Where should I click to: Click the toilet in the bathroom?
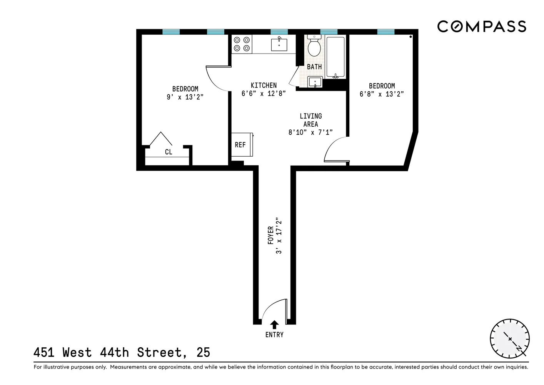pyautogui.click(x=314, y=47)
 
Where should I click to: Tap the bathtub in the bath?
pyautogui.click(x=335, y=57)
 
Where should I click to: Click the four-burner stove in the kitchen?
pyautogui.click(x=242, y=44)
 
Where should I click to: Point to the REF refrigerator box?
pyautogui.click(x=242, y=145)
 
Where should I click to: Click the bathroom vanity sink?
pyautogui.click(x=315, y=82)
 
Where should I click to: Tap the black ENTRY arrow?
pyautogui.click(x=274, y=325)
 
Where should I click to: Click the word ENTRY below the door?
pyautogui.click(x=274, y=335)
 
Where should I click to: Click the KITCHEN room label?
pyautogui.click(x=264, y=85)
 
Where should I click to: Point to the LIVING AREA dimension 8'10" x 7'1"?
pyautogui.click(x=310, y=132)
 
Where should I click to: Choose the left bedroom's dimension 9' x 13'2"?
pyautogui.click(x=185, y=97)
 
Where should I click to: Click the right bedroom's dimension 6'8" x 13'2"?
pyautogui.click(x=382, y=94)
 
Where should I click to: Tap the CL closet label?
pyautogui.click(x=169, y=152)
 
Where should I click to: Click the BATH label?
pyautogui.click(x=314, y=67)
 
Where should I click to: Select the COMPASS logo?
pyautogui.click(x=482, y=27)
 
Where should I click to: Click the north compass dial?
pyautogui.click(x=510, y=339)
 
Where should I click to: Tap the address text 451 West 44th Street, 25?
pyautogui.click(x=122, y=352)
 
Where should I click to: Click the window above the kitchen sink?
pyautogui.click(x=279, y=32)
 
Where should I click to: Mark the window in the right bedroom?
pyautogui.click(x=385, y=32)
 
